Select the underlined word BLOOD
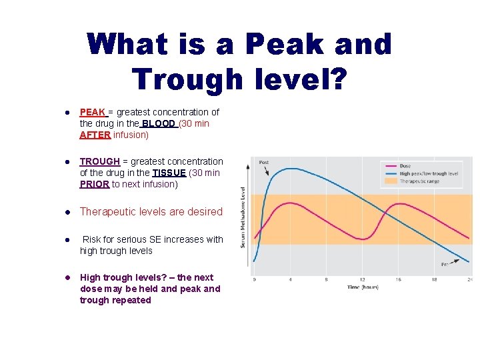pos(159,123)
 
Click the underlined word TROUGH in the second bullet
pos(100,161)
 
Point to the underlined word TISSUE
pos(169,173)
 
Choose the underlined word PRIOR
pos(94,184)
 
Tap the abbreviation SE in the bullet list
pos(146,239)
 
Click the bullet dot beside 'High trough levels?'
pos(67,277)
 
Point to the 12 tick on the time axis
pos(361,279)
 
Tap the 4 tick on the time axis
pos(289,279)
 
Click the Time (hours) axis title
pos(363,287)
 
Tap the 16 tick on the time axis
pos(397,279)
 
